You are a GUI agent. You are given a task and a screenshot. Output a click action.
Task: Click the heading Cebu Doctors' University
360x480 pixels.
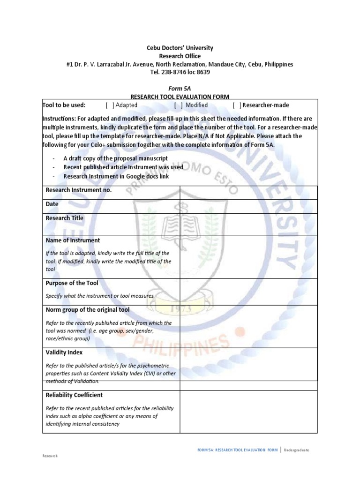pyautogui.click(x=180, y=48)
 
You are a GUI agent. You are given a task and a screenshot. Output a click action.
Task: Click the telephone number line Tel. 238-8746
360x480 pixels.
pyautogui.click(x=180, y=72)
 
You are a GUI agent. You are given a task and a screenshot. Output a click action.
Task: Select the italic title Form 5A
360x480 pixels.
pyautogui.click(x=180, y=88)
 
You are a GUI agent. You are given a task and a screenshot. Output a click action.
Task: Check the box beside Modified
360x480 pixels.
pyautogui.click(x=179, y=105)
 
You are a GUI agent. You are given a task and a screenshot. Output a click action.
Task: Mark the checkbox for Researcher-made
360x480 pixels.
pyautogui.click(x=237, y=105)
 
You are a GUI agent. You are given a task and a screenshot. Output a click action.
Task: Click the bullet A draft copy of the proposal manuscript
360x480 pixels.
pyautogui.click(x=115, y=159)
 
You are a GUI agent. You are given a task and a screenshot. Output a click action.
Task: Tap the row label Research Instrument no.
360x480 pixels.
pyautogui.click(x=78, y=190)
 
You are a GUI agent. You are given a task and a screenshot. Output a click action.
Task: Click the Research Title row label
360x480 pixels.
pyautogui.click(x=64, y=218)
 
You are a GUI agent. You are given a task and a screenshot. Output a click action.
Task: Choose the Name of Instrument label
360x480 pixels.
pyautogui.click(x=73, y=240)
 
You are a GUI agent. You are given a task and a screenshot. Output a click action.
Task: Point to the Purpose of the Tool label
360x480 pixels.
pyautogui.click(x=72, y=283)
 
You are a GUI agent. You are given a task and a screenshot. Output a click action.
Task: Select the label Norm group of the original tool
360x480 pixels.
pyautogui.click(x=88, y=310)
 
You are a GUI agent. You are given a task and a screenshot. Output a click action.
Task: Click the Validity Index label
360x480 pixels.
pyautogui.click(x=64, y=352)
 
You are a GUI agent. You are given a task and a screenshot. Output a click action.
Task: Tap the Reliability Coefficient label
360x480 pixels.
pyautogui.click(x=74, y=395)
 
